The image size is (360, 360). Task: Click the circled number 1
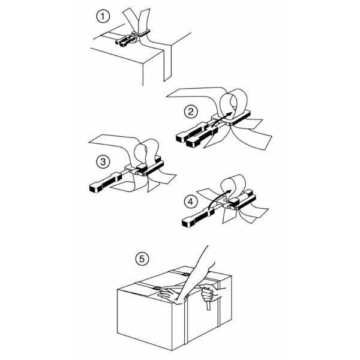(103, 17)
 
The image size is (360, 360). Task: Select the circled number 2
(191, 112)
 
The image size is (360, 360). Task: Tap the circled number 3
(103, 161)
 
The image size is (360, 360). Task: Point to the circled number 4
(191, 202)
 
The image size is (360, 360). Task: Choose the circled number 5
(142, 259)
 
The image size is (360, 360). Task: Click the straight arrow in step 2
(222, 119)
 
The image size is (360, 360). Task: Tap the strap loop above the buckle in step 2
(233, 103)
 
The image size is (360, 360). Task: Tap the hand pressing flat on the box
(169, 295)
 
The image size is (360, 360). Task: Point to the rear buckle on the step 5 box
(185, 274)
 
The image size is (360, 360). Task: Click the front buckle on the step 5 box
(157, 289)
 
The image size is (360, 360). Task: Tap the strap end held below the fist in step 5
(208, 305)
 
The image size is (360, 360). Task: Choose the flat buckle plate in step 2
(232, 118)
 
